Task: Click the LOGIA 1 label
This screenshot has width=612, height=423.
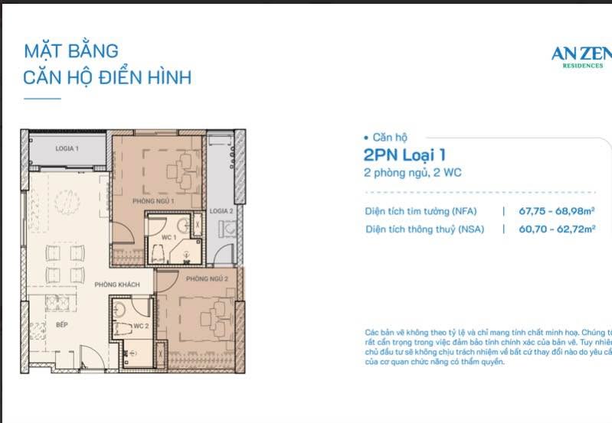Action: tap(67, 148)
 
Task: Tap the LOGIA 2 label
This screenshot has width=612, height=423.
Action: tap(221, 210)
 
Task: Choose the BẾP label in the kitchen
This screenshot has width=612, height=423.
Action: tap(62, 325)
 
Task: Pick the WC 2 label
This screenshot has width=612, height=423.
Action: tap(140, 327)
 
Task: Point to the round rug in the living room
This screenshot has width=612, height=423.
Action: tap(67, 203)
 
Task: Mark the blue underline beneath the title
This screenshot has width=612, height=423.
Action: tap(42, 99)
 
